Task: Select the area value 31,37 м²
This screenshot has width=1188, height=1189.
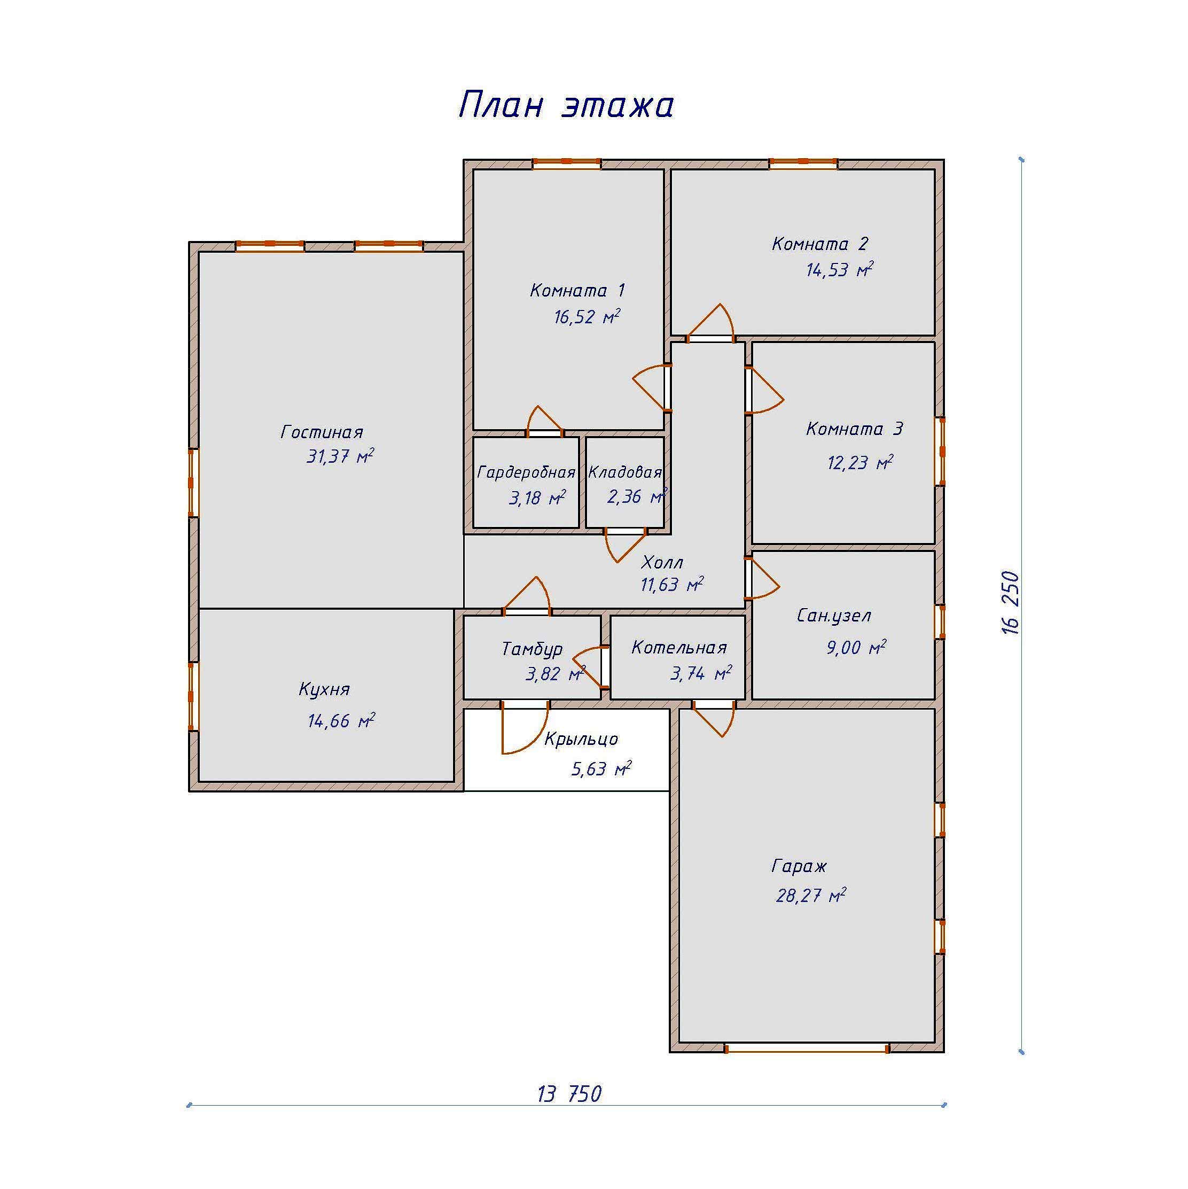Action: tap(340, 456)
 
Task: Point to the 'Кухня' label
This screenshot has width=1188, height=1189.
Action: tap(324, 689)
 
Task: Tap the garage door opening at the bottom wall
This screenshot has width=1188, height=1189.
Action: tap(807, 1047)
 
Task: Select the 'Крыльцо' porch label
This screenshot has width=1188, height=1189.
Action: tap(581, 739)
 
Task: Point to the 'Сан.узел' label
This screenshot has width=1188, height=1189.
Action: tap(834, 616)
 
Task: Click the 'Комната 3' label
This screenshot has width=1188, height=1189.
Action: tap(854, 429)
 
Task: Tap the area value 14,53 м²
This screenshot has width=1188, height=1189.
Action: tap(840, 269)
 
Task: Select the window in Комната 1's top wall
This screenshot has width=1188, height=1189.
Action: tap(566, 164)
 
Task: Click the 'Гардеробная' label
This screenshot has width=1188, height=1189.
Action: tap(526, 472)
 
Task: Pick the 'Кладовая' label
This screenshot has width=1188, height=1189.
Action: tap(625, 472)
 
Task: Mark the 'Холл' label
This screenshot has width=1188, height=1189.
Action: tap(662, 562)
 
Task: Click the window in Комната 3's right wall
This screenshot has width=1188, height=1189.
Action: tap(940, 452)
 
